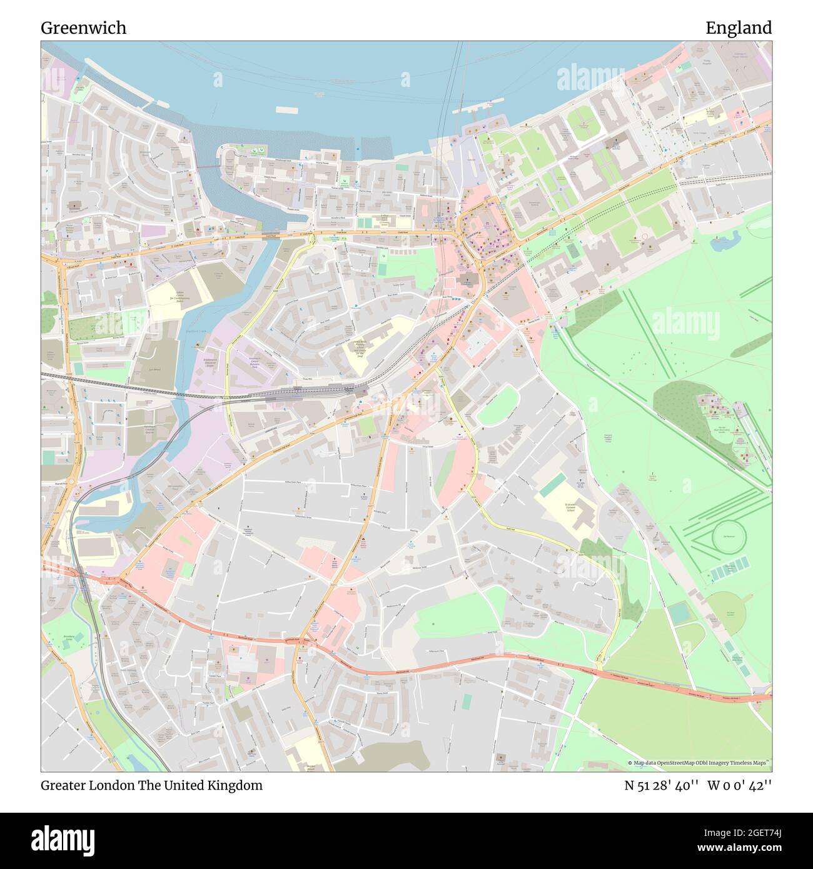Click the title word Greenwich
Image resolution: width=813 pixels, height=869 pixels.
click(x=83, y=28)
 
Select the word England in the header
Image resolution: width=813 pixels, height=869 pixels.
click(x=738, y=28)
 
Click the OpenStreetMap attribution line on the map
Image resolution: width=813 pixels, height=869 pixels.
click(x=699, y=763)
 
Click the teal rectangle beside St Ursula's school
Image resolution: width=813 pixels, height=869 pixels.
click(x=552, y=485)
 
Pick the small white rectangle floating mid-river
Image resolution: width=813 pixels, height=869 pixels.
click(x=286, y=109)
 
